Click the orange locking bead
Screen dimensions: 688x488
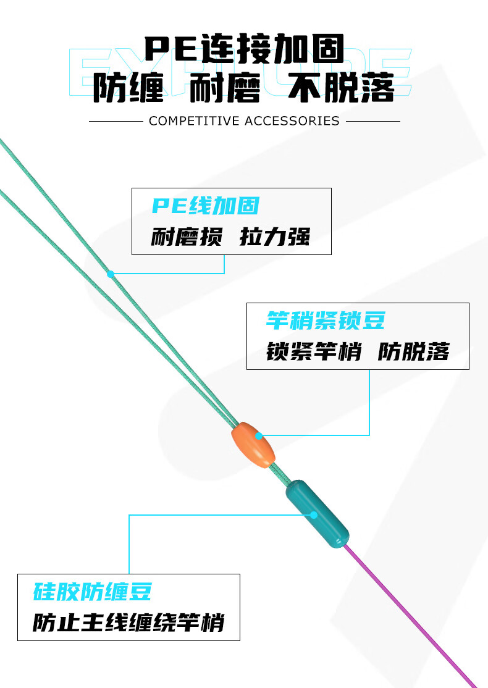[x=253, y=445]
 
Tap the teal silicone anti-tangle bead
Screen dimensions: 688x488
[x=318, y=515]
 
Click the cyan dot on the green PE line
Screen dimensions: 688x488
[x=111, y=274]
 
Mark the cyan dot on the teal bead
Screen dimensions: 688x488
[x=314, y=514]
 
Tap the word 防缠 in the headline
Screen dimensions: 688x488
[x=128, y=88]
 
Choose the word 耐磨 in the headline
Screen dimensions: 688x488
[x=225, y=88]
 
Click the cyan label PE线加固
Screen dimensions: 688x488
[x=206, y=206]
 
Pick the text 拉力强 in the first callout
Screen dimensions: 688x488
[x=275, y=237]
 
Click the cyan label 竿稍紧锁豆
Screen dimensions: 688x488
[x=326, y=321]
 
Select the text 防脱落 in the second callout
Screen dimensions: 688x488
[x=413, y=351]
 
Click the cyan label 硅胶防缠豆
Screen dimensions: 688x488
[x=93, y=592]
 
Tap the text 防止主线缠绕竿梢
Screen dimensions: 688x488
[x=128, y=622]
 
